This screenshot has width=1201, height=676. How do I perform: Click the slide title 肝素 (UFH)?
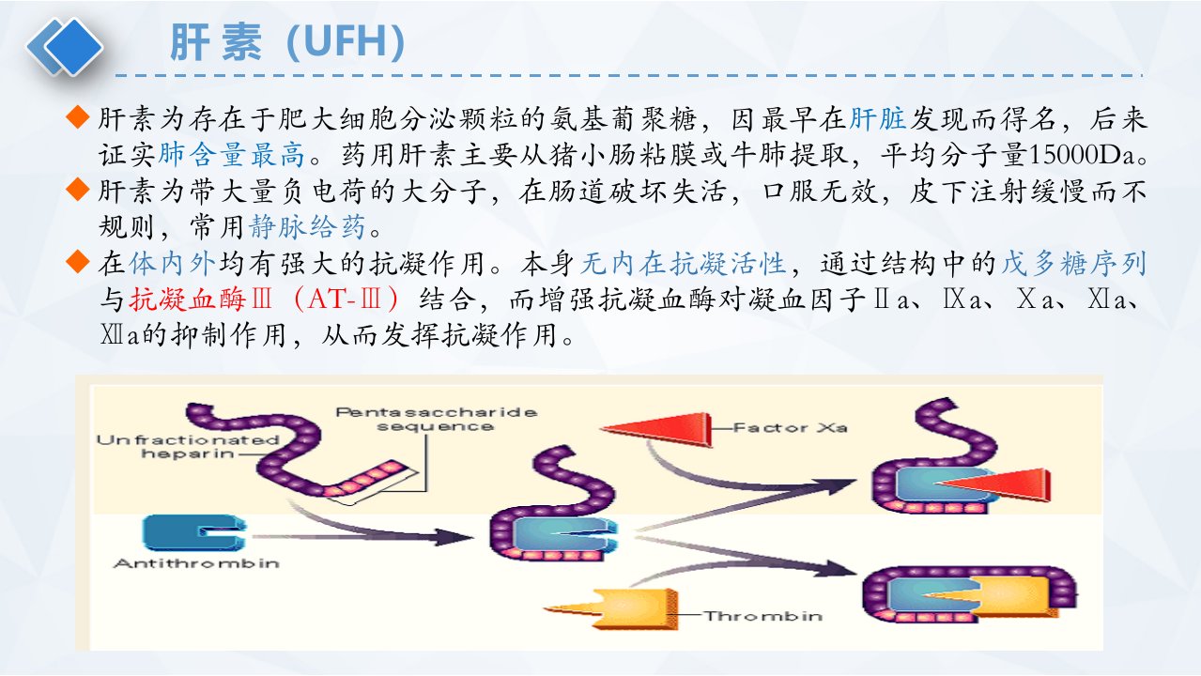(x=286, y=42)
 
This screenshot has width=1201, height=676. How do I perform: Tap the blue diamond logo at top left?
(x=66, y=47)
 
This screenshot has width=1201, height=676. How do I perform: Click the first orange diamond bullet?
(x=78, y=116)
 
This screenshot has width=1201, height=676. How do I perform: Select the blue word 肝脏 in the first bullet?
(x=878, y=119)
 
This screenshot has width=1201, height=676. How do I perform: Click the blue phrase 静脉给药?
(x=307, y=227)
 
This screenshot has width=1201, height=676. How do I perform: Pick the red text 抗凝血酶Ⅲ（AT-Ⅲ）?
(x=264, y=300)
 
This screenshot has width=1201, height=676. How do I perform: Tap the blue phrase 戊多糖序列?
(x=1074, y=263)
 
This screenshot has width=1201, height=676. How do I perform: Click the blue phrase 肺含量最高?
(x=232, y=154)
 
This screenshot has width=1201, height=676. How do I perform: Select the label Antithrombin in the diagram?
(x=196, y=563)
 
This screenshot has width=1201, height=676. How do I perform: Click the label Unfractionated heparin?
(x=188, y=447)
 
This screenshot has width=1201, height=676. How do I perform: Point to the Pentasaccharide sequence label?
(x=436, y=420)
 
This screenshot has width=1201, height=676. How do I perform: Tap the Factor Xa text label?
(x=791, y=428)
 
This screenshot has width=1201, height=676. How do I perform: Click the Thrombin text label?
(x=763, y=616)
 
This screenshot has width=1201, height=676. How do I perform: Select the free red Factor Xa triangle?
(x=659, y=429)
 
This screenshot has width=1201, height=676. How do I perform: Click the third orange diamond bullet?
(x=78, y=262)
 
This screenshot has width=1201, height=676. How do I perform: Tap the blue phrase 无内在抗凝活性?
(x=684, y=263)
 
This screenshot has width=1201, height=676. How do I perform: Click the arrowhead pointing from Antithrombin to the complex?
(x=454, y=537)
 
